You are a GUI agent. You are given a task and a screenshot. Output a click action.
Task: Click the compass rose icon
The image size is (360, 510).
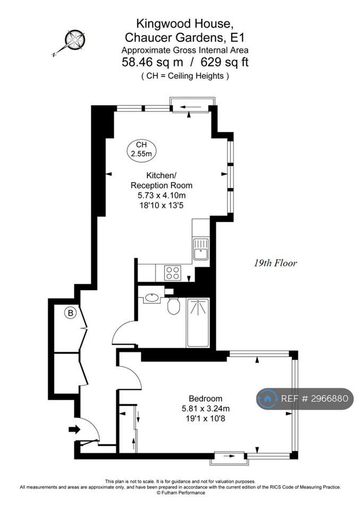[74, 40]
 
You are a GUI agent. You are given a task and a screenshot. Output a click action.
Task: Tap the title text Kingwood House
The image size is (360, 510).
[184, 24]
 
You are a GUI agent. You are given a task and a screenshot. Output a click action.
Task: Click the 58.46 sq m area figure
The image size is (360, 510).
[152, 62]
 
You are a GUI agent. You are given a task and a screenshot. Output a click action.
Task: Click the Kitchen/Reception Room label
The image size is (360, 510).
[161, 181]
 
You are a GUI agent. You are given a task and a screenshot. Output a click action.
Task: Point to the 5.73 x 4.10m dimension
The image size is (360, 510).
[161, 195]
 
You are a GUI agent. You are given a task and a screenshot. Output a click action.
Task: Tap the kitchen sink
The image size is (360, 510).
[201, 249]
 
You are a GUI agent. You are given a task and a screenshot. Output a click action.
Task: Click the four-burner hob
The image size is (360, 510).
[173, 273]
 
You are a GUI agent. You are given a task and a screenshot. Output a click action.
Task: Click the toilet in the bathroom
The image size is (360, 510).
[174, 305]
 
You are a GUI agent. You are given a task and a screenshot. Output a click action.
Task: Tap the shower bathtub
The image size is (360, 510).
[198, 322]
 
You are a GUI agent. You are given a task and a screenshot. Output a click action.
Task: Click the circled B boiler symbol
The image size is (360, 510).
[70, 313]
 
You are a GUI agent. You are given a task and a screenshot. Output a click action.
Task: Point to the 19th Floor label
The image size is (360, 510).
[275, 263]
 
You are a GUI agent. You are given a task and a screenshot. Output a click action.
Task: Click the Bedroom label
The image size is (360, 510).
[205, 398]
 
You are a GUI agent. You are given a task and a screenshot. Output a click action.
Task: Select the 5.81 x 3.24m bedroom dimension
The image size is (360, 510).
[205, 409]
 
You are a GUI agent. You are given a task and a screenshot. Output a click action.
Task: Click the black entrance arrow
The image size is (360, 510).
[74, 429]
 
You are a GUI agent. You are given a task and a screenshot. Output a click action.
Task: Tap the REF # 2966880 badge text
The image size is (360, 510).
[314, 398]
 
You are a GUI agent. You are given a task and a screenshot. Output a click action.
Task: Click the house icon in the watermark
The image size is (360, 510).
[268, 399]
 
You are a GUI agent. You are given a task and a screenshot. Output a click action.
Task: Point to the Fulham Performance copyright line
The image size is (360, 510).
[181, 493]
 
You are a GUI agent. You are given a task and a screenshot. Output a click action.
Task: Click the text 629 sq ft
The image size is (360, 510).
[225, 62]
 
